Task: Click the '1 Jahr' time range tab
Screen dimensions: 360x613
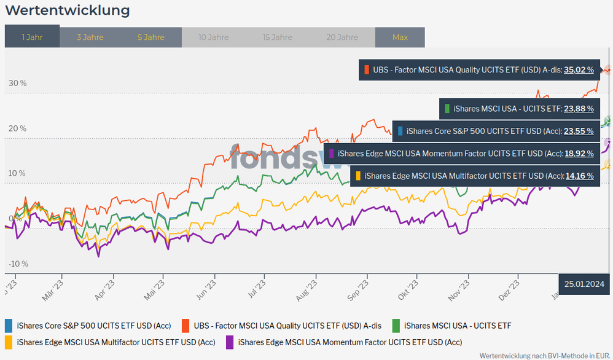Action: tap(32, 37)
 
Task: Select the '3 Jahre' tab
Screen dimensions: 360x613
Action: tap(90, 37)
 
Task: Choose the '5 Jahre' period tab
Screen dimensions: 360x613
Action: tap(150, 37)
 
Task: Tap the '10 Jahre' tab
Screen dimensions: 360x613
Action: tap(214, 37)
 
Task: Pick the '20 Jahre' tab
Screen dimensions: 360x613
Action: tap(342, 37)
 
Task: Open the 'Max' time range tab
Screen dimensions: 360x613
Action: tap(400, 37)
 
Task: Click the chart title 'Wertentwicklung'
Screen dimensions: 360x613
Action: tap(67, 10)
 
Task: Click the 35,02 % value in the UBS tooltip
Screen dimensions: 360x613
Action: tap(579, 70)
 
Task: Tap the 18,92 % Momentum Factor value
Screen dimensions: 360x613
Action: tap(579, 153)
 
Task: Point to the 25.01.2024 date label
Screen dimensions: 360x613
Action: tap(585, 284)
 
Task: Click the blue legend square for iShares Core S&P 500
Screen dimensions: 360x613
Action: tap(9, 326)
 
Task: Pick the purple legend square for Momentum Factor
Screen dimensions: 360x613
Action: tap(230, 342)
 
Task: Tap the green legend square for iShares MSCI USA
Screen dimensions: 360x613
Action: tap(396, 326)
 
